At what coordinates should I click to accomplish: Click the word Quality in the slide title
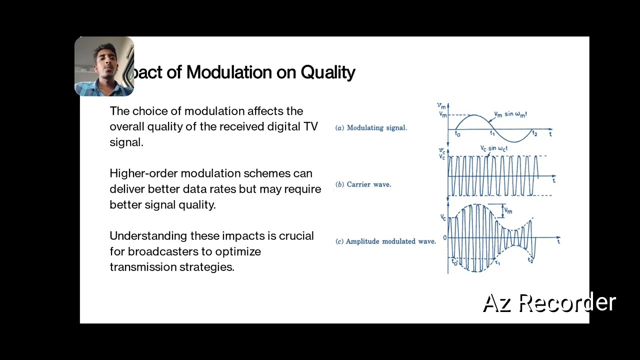point(327,72)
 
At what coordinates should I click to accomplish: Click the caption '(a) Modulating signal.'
point(371,128)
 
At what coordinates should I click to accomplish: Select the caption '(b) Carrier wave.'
point(363,184)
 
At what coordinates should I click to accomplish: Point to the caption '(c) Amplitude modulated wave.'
point(385,241)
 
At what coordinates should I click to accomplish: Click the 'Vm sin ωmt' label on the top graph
point(510,114)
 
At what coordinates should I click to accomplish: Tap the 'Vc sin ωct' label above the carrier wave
point(493,148)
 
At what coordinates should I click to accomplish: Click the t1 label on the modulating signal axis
point(492,133)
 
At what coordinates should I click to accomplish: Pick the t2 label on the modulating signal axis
point(534,133)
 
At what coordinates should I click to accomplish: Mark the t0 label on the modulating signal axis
point(457,133)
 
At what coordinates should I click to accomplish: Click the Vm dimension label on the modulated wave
point(508,210)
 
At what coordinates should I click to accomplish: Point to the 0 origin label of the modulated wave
point(444,238)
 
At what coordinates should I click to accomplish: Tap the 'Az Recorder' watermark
point(549,303)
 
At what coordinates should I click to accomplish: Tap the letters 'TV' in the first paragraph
point(310,126)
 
